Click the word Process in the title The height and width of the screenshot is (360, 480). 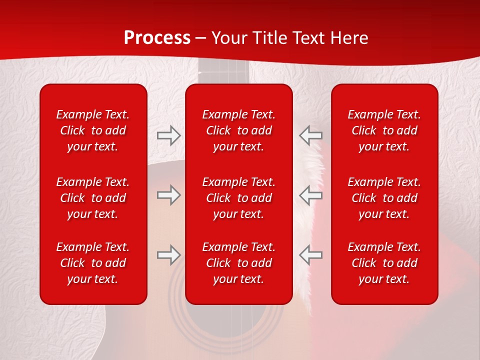point(157,38)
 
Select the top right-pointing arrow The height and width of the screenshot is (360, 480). point(168,135)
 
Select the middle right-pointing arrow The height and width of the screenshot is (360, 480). point(168,195)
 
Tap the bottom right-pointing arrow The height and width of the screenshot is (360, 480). point(168,255)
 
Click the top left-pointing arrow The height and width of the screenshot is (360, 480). point(310,135)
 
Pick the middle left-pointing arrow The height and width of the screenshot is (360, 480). point(310,195)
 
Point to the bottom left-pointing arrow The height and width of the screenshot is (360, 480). point(310,255)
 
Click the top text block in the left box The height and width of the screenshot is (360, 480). point(93,130)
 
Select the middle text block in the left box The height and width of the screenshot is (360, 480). point(93,198)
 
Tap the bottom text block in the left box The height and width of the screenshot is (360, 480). point(93,263)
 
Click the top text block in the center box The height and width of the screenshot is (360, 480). point(239,130)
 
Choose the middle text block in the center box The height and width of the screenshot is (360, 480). point(239,198)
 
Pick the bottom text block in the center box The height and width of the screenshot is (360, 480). point(239,263)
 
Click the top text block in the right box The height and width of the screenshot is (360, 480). point(384,130)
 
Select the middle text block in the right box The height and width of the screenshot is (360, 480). point(384,198)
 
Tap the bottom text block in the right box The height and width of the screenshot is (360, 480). point(384,263)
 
